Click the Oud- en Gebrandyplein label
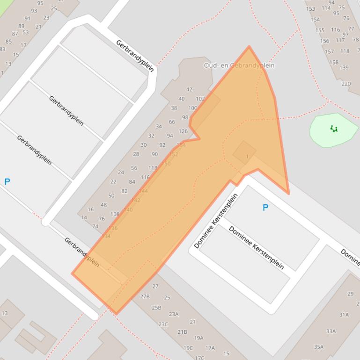239,65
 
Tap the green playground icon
334,129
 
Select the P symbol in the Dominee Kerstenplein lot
265,208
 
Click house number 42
189,89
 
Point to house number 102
200,99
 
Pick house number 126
183,131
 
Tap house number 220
346,84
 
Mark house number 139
344,67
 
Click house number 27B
145,296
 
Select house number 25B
156,308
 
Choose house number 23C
163,324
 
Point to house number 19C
188,348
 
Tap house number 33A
331,331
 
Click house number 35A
318,347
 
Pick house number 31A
344,315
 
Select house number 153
310,9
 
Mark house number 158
333,62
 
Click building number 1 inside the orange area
247,157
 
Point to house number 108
115,214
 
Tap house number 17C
199,358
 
